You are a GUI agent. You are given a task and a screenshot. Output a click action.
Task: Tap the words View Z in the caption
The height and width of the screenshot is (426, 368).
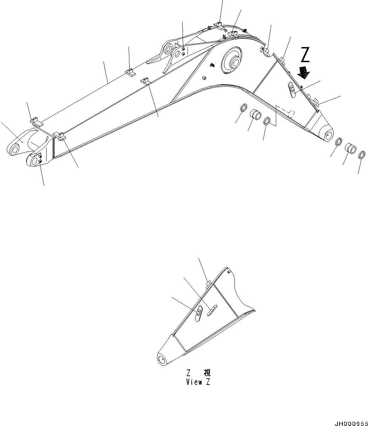click(x=198, y=382)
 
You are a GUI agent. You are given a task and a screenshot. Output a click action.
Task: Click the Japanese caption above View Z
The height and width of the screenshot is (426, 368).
click(x=198, y=373)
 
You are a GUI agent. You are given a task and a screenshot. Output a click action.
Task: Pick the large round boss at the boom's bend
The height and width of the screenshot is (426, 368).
click(x=232, y=60)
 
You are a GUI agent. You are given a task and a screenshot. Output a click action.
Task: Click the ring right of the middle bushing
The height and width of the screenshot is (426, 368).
click(x=267, y=122)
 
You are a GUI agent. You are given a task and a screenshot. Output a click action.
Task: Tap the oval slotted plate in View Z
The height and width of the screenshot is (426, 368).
click(x=199, y=313)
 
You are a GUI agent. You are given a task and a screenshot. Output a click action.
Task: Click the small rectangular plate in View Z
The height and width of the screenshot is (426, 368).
click(x=212, y=310)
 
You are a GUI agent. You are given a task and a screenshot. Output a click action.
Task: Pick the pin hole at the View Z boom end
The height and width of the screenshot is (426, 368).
click(x=162, y=359)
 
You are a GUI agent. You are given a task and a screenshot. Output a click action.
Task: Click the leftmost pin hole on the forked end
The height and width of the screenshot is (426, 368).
click(x=14, y=149)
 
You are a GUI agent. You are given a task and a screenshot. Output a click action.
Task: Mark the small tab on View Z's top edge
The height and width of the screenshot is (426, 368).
click(x=208, y=283)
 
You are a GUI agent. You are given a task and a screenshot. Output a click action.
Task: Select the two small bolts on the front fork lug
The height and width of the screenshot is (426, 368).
click(x=40, y=158)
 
